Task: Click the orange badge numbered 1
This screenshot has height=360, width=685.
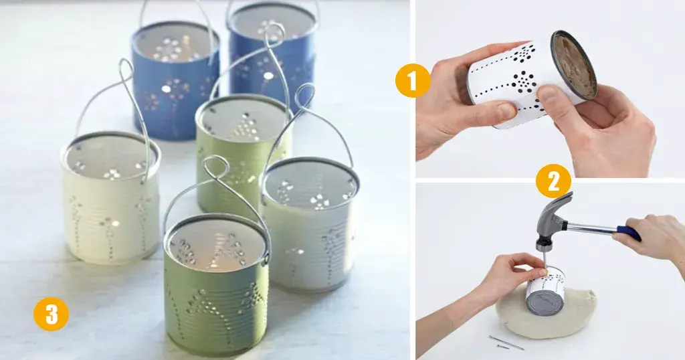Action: point(412,82)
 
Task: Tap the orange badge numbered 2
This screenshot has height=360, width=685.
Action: point(553,181)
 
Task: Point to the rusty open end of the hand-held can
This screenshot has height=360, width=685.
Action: point(574,66)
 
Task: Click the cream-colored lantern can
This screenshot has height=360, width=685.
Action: point(110,201)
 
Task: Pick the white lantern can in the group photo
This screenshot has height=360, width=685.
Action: point(310,228)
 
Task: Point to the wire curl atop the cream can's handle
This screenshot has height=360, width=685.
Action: point(126,70)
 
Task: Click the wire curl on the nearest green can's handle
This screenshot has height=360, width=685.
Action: point(215,167)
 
